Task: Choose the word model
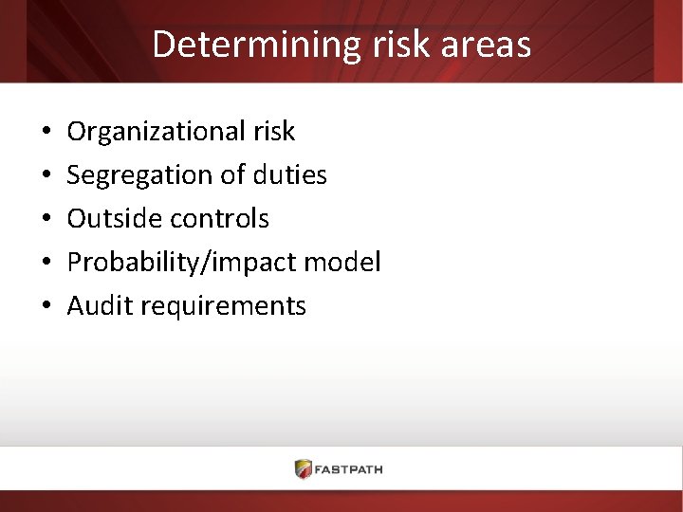coord(347,262)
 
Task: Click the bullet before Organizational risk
coord(46,132)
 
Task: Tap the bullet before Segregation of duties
coord(46,175)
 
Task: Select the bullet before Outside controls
coord(46,219)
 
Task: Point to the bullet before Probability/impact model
coord(46,263)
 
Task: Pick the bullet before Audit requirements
coord(46,306)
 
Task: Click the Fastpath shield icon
coord(304,468)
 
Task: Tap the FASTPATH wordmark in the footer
coord(351,469)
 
